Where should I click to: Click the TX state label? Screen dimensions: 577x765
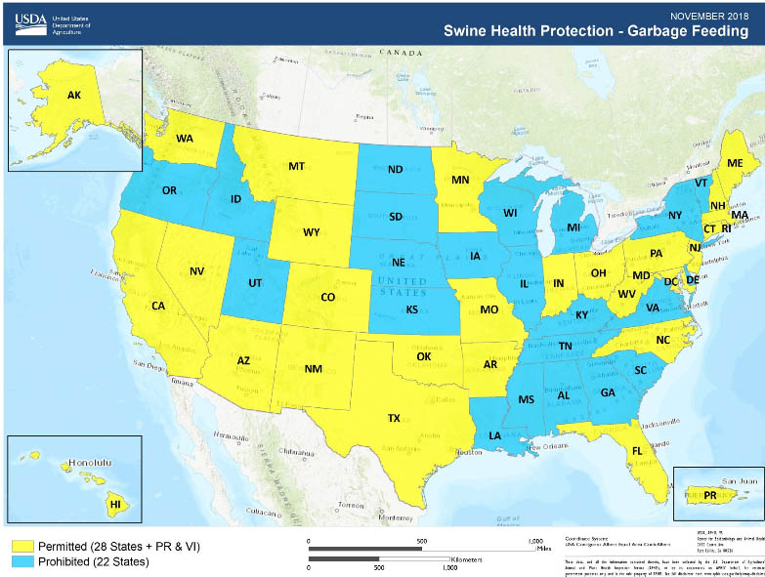pos(394,418)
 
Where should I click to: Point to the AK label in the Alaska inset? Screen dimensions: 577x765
pos(74,95)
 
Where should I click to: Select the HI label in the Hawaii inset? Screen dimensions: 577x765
pos(114,504)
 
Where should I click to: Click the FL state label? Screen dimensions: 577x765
pos(636,451)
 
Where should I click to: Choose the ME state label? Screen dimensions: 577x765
pos(734,162)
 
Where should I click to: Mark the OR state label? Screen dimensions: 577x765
pos(169,190)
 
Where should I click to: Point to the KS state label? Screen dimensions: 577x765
pos(411,309)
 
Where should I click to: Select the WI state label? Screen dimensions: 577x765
pos(509,213)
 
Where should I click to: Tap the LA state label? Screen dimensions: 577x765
pos(495,434)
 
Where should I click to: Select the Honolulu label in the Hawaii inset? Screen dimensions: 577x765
pos(91,464)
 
